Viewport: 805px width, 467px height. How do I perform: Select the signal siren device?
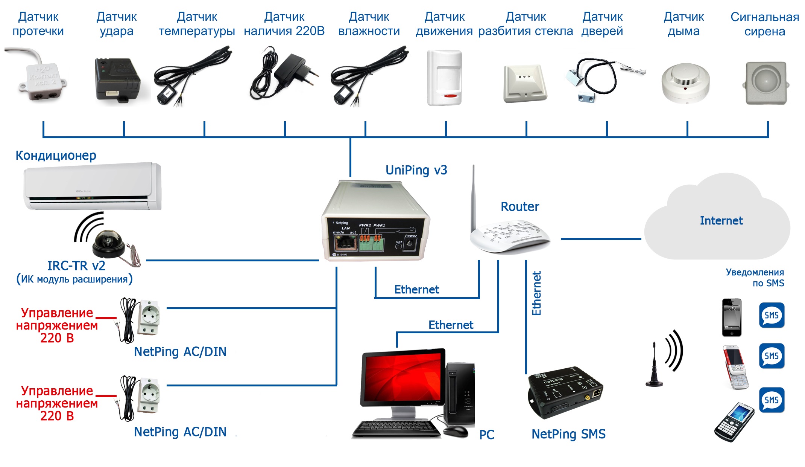tap(766, 83)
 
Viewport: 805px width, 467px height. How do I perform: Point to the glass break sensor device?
tap(524, 84)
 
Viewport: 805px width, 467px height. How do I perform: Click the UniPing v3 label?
tap(416, 170)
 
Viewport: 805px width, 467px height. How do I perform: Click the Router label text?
tap(519, 207)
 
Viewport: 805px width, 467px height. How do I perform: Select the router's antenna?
tap(473, 196)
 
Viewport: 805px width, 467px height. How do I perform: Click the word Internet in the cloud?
tap(721, 221)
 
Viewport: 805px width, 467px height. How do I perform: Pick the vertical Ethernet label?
tap(536, 293)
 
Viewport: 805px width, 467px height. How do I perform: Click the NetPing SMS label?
tap(568, 434)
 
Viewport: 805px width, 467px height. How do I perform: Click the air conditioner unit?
tap(92, 186)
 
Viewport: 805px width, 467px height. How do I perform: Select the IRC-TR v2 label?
tap(76, 266)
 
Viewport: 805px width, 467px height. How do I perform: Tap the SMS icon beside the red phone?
tap(772, 356)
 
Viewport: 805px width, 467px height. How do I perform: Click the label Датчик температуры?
tap(197, 24)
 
